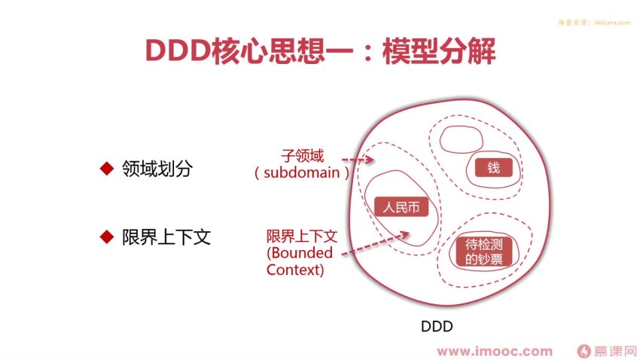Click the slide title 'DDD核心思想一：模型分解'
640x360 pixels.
point(320,51)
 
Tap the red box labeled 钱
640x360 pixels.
point(493,168)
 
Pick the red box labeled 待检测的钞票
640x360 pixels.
point(483,252)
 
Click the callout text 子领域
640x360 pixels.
point(303,156)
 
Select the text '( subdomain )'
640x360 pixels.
point(302,172)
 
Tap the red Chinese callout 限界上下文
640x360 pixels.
point(302,236)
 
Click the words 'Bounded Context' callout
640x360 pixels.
point(296,261)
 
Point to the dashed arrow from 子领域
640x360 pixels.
point(357,160)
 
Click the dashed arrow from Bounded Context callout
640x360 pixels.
point(376,243)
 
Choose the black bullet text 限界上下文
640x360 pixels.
point(166,236)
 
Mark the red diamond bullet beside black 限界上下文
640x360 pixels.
point(106,236)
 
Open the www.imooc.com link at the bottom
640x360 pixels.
point(495,351)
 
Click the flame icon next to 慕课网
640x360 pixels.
point(583,351)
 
